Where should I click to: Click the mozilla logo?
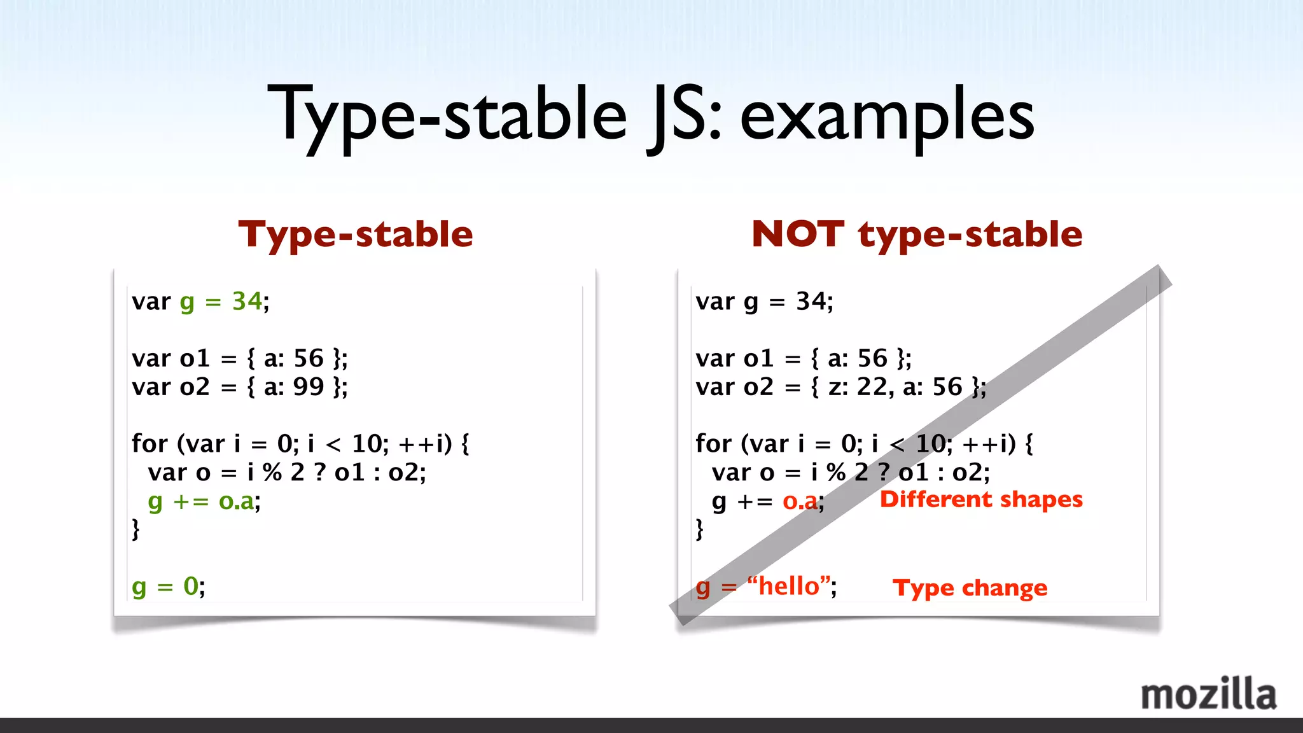[1208, 695]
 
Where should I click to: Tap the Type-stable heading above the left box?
[356, 234]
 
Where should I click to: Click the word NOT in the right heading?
[798, 234]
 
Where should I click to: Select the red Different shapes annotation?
[980, 499]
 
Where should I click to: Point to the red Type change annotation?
[970, 587]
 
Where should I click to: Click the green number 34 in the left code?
[247, 301]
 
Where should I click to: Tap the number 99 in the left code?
[308, 387]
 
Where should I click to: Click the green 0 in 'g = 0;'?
[190, 586]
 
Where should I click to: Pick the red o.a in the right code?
[800, 501]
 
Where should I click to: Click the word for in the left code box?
[149, 443]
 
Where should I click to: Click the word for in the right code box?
[713, 443]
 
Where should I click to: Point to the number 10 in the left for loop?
[366, 443]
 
